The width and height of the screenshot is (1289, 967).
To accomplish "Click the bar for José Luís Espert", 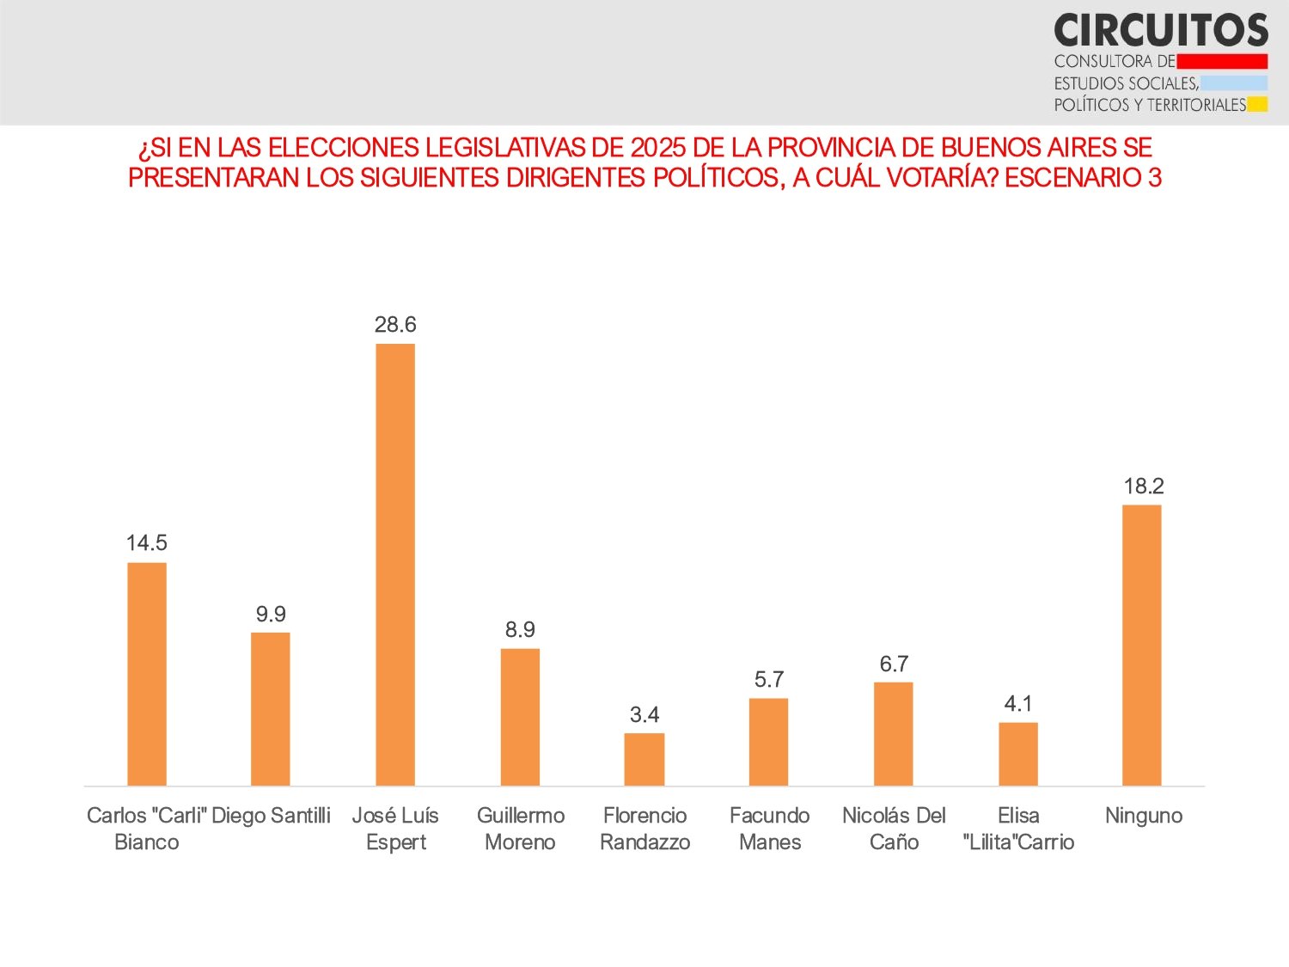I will click(395, 565).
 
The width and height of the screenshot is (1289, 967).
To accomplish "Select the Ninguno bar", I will click(1142, 645).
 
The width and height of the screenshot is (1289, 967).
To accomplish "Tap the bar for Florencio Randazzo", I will click(644, 759).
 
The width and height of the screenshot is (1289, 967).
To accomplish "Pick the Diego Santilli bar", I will click(271, 709).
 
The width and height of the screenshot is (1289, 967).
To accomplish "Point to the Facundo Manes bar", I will click(768, 742).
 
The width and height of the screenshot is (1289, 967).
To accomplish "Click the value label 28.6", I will click(395, 324).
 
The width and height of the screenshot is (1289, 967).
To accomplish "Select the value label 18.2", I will click(1144, 486).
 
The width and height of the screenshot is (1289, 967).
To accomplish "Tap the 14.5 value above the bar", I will click(147, 542).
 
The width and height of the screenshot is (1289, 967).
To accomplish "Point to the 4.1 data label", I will click(1018, 703).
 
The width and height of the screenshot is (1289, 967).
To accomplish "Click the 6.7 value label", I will click(894, 664).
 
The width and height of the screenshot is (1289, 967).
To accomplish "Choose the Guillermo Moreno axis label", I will click(521, 829).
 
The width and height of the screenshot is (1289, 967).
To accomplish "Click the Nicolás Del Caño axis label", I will click(894, 829).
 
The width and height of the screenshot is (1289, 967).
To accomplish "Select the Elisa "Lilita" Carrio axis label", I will click(1018, 829).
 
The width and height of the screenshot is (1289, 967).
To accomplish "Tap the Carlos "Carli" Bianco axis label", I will click(147, 829).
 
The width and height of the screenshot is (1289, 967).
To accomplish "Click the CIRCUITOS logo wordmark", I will click(1161, 30).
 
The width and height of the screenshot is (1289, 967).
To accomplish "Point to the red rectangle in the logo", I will click(1222, 61).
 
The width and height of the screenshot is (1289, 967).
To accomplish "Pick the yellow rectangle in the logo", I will click(1257, 105).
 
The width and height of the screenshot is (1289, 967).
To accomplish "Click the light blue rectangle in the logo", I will click(1234, 83).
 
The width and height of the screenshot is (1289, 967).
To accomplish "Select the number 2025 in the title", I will click(658, 148).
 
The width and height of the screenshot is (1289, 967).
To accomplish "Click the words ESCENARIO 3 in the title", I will click(1083, 178).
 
